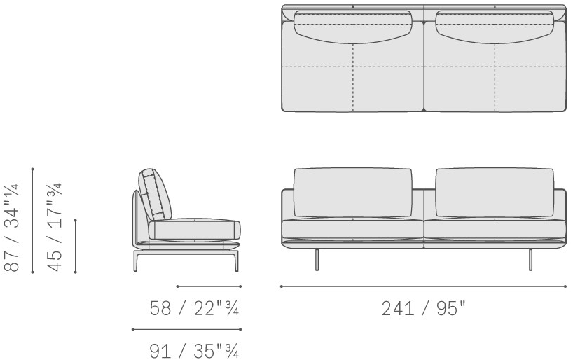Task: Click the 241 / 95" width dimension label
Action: [x=424, y=308]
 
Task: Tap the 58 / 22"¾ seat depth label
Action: [x=194, y=308]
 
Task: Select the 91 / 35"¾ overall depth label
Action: [x=194, y=351]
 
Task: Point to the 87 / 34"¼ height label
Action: [x=12, y=228]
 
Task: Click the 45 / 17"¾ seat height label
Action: [x=55, y=228]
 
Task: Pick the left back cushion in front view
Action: [x=353, y=193]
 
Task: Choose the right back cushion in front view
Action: [x=495, y=193]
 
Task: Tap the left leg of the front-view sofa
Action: [x=317, y=260]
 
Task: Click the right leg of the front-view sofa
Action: [x=530, y=260]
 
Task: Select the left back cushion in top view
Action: [x=353, y=27]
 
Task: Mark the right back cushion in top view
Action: [x=495, y=27]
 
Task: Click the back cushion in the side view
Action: [x=155, y=195]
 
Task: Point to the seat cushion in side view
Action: [x=195, y=230]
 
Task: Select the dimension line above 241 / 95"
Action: [x=424, y=286]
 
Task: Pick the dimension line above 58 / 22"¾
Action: [x=209, y=286]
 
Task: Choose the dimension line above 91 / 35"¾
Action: [x=186, y=329]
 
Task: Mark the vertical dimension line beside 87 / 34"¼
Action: [x=32, y=221]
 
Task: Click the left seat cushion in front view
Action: [x=352, y=230]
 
